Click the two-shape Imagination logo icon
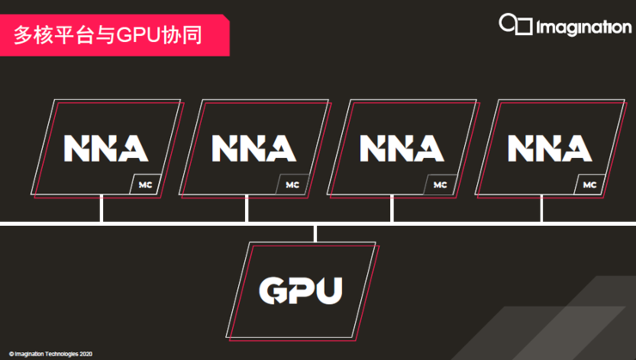[516, 25]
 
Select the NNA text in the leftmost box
[106, 148]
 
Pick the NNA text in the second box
[254, 148]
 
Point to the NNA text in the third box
[401, 148]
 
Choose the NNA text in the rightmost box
[549, 148]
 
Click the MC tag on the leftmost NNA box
[144, 185]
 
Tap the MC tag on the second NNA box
[292, 185]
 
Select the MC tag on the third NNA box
[440, 185]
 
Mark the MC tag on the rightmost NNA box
[589, 185]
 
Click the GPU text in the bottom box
[301, 290]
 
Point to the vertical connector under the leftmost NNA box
[101, 209]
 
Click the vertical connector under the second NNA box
[247, 209]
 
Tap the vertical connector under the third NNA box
[392, 209]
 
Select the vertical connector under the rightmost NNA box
[541, 209]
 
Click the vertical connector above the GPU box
[316, 233]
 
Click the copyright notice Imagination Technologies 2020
[51, 354]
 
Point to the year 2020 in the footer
[84, 354]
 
